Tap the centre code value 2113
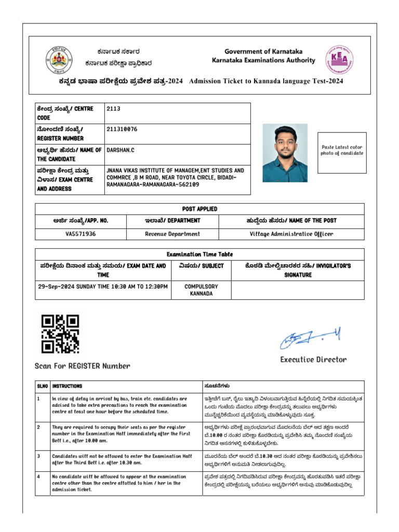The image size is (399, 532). point(113,109)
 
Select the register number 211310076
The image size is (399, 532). point(122,129)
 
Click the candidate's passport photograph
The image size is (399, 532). point(285,153)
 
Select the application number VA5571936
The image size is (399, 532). point(81,234)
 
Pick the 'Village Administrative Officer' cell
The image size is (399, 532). point(291,234)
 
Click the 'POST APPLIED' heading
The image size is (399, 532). point(199,209)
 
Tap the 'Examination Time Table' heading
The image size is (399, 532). point(199,255)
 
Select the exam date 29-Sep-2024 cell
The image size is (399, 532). point(103,286)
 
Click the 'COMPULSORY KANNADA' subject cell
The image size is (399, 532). point(201,290)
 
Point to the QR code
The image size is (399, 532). point(60,334)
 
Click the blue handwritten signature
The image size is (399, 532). point(310,339)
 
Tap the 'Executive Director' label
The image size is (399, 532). point(313,360)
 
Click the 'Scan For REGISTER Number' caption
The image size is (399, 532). point(82,366)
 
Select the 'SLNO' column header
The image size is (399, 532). point(42,387)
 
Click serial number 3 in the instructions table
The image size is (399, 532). point(38,456)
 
